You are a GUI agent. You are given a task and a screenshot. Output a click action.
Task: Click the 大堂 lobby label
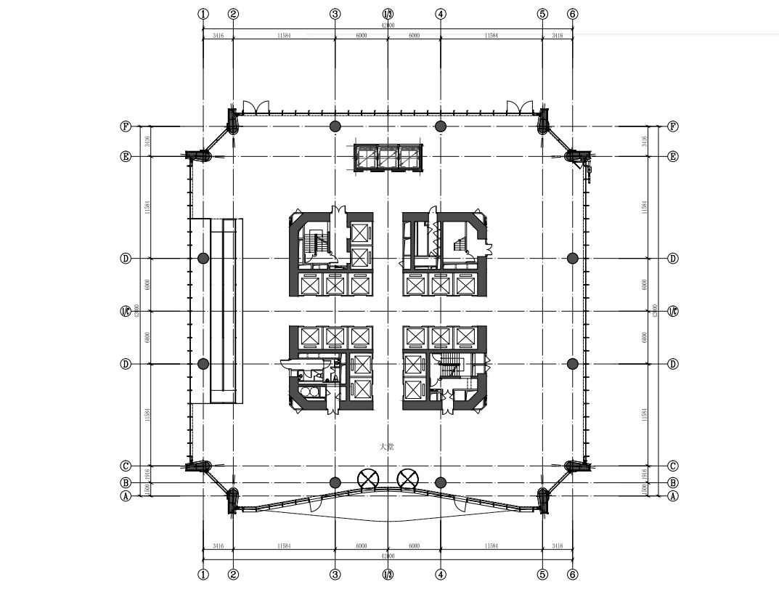coord(387,447)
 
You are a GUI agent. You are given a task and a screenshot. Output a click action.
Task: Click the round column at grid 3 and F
coord(335,126)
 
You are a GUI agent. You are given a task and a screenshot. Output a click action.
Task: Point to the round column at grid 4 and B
coord(440,482)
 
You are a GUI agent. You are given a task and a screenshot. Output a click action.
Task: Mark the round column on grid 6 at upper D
coord(572,258)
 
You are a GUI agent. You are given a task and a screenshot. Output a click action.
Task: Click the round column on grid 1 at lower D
coord(203,364)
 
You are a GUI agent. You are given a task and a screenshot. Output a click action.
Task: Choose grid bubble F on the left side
coord(126,126)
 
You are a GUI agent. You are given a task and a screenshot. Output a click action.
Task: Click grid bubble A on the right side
coord(672,496)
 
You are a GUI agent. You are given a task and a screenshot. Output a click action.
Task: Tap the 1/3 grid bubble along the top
coord(388,14)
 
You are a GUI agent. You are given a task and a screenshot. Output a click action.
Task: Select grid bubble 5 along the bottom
coord(542,575)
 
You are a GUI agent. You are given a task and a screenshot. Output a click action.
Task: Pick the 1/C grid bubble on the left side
coord(126,312)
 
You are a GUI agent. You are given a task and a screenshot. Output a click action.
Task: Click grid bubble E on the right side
coord(672,156)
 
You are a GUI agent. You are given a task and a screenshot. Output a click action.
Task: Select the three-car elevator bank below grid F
coord(388,158)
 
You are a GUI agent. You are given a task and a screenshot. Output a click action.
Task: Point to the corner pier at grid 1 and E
coord(198,155)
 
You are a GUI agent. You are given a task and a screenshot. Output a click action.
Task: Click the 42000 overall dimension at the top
coord(388,25)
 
